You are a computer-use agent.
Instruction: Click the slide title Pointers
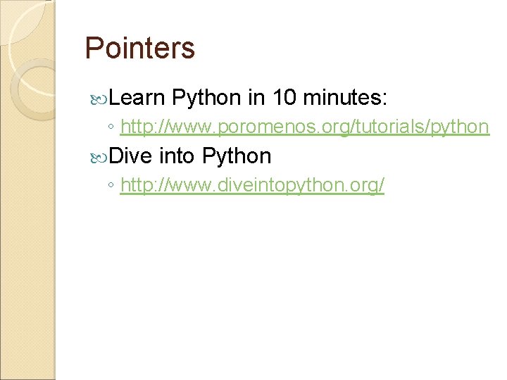point(139,48)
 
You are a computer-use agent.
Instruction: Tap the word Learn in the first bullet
point(137,97)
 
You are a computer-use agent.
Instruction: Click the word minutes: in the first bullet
point(350,97)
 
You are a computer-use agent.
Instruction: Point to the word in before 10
point(255,97)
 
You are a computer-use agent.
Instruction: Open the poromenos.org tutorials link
point(304,127)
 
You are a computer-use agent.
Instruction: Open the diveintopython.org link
point(252,186)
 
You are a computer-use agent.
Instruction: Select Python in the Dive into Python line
point(237,156)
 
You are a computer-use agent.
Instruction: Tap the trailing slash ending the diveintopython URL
point(382,186)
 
